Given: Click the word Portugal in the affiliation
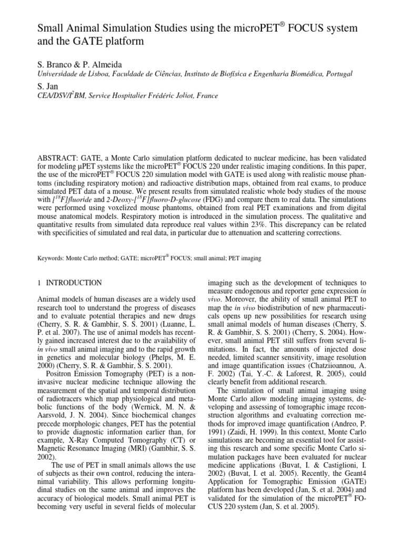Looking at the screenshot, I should pyautogui.click(x=332, y=74).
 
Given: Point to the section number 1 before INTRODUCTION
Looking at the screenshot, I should pyautogui.click(x=39, y=283).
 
